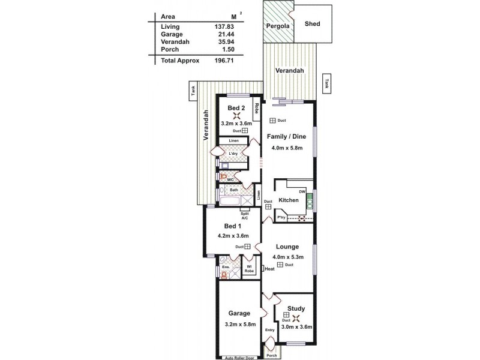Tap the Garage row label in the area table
point(172,35)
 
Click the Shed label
point(313,24)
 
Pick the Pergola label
point(278,27)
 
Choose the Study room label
point(296,308)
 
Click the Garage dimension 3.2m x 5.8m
point(239,325)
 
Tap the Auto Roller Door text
point(241,357)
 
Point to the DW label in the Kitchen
point(303,191)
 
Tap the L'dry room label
point(233,153)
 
